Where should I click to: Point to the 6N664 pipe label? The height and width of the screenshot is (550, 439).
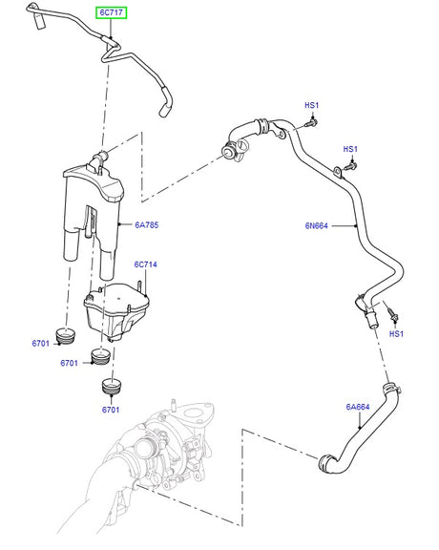(318, 226)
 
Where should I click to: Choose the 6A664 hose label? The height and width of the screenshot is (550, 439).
(358, 408)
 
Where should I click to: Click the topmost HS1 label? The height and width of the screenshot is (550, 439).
(311, 105)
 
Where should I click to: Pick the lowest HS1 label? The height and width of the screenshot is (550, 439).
(396, 334)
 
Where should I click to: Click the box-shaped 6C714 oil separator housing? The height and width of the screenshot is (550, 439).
(115, 307)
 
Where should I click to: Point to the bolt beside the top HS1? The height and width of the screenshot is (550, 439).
(311, 124)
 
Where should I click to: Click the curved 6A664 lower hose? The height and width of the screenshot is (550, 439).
(344, 444)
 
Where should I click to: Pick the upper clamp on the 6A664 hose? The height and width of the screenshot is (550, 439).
(387, 388)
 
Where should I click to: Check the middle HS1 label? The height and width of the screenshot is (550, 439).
(350, 149)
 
